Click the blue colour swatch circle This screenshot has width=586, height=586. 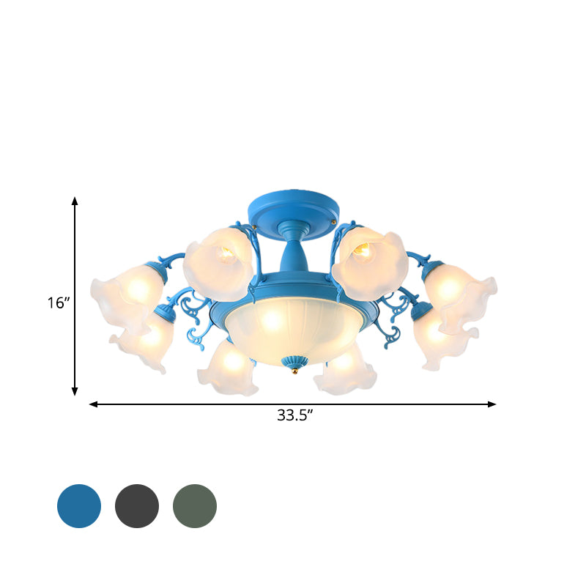(x=78, y=506)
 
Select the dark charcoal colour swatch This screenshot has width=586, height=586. (x=137, y=506)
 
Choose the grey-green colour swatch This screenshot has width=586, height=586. (x=195, y=506)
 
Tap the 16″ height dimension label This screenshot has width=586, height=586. (x=57, y=303)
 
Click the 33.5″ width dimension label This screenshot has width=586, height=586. (x=295, y=416)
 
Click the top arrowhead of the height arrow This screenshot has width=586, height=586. (x=75, y=200)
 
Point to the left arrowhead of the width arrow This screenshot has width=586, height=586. (x=93, y=404)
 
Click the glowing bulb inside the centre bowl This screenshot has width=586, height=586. (x=272, y=319)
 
